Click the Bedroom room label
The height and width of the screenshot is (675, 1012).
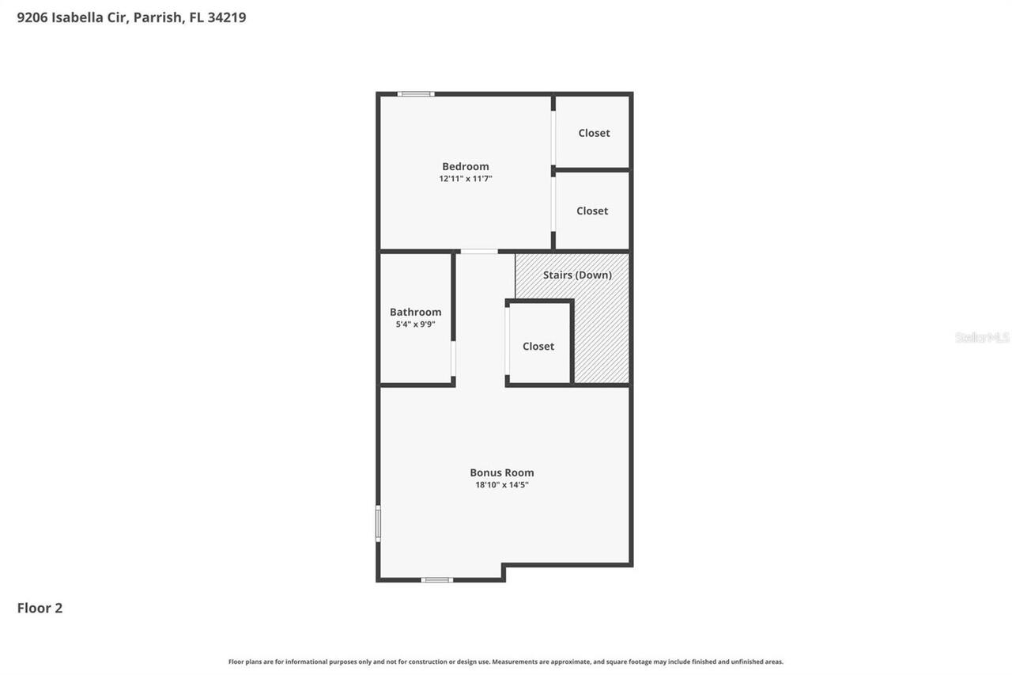(x=465, y=166)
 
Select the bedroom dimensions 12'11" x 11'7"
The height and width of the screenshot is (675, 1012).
(x=465, y=179)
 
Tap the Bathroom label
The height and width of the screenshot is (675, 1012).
(x=415, y=312)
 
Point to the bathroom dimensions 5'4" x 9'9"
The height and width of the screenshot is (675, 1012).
(x=415, y=324)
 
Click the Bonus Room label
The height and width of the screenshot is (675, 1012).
(x=502, y=472)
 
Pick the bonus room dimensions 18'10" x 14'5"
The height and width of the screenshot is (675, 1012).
(x=502, y=485)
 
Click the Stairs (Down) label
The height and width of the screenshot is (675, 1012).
(x=577, y=275)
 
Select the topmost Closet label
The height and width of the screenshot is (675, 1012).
(x=594, y=133)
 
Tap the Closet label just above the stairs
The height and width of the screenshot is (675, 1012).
(x=592, y=210)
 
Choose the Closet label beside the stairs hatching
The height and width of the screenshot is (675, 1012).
(x=538, y=346)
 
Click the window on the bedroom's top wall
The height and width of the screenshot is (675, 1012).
(x=416, y=94)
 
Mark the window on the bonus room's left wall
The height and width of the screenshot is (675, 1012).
(x=378, y=523)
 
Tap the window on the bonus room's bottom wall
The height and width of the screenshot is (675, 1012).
(x=436, y=580)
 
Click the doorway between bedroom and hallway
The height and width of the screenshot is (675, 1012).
(x=479, y=252)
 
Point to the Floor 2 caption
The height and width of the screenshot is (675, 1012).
(x=40, y=608)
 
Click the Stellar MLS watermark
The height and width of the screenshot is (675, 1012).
(x=982, y=338)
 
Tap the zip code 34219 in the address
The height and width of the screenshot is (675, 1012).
(x=227, y=17)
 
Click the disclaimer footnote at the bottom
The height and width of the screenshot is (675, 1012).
(x=506, y=662)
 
